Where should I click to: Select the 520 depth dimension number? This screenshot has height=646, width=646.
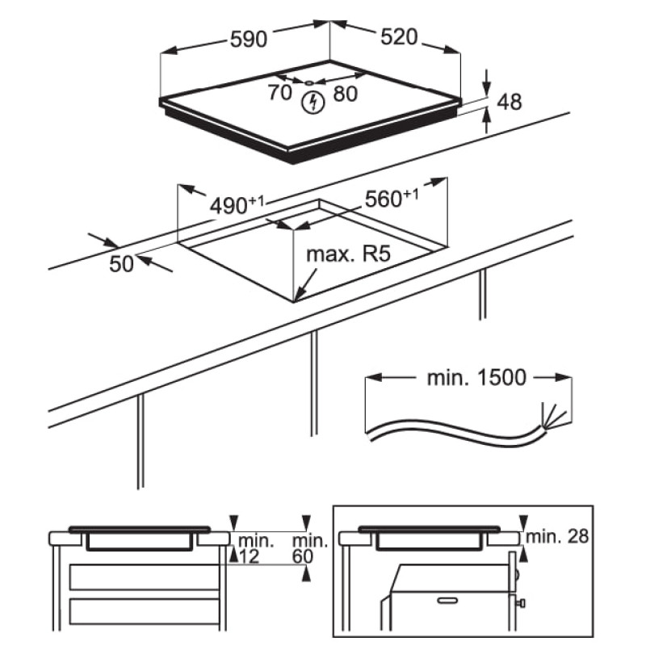point(398,37)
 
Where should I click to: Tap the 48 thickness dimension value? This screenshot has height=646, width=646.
point(510,102)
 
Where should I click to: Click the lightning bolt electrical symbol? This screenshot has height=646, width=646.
point(311,102)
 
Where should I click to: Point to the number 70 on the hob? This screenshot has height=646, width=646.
point(279,93)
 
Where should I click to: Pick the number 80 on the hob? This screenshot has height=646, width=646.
point(344,94)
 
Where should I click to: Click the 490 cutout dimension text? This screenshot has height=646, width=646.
point(234,205)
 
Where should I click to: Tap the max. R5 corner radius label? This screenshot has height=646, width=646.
point(347,256)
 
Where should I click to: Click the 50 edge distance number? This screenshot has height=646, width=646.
point(121,263)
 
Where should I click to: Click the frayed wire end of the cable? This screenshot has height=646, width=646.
point(556,418)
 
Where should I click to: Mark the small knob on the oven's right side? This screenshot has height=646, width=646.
point(524,602)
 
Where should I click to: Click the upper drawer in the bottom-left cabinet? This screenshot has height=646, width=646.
point(144,577)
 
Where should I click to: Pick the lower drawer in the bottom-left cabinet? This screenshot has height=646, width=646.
point(144,611)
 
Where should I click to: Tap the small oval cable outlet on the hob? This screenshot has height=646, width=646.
point(311,82)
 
